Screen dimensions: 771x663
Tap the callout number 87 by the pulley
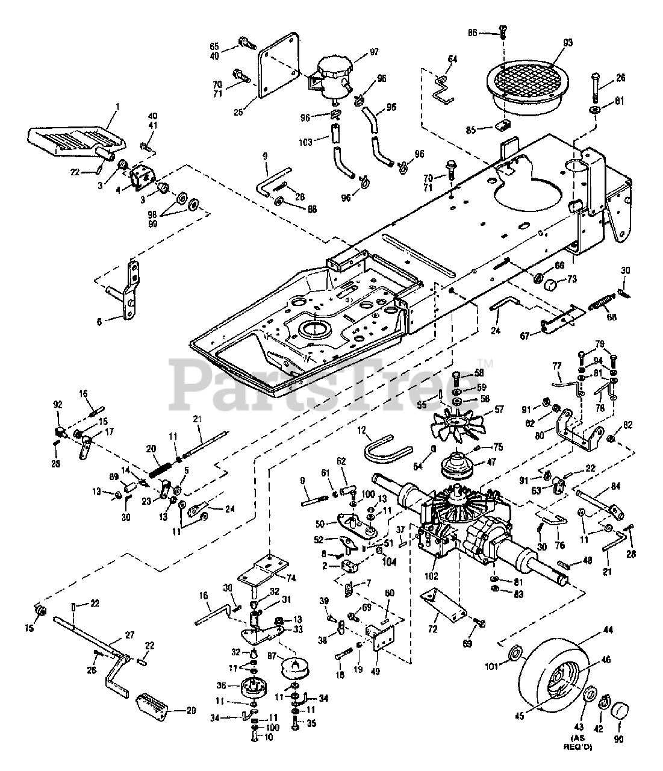click(x=270, y=655)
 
